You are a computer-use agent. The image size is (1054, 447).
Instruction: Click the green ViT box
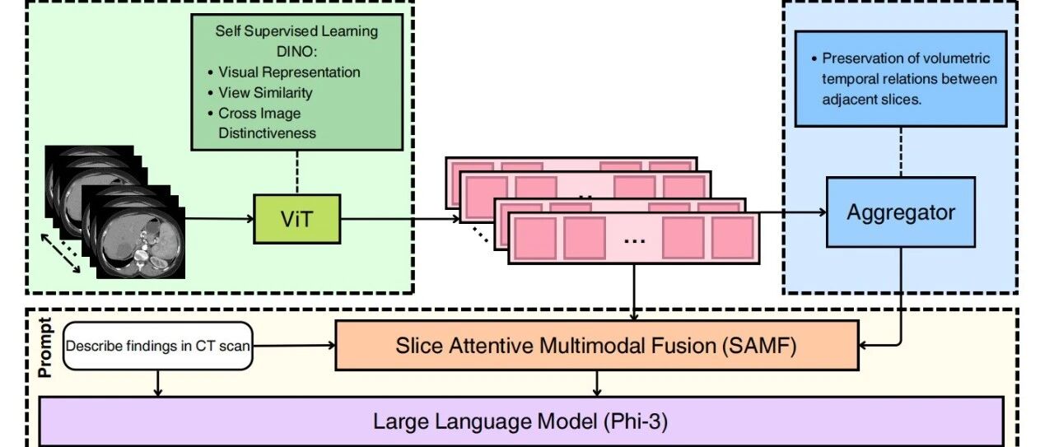coord(297,219)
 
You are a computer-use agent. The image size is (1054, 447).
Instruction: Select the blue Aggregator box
coord(901,212)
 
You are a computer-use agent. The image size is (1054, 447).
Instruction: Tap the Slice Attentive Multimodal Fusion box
coord(597,346)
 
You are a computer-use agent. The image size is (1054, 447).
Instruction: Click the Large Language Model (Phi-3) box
coord(521,421)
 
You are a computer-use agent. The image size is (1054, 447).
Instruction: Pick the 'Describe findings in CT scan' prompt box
coord(157,346)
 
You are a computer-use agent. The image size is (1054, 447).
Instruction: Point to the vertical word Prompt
coord(45,347)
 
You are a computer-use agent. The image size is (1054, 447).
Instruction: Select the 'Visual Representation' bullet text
coord(289,72)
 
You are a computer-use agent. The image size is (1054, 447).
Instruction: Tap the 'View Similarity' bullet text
coord(265,93)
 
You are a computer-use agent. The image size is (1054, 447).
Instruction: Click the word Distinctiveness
coord(267,133)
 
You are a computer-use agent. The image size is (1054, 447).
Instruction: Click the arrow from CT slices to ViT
coord(219,218)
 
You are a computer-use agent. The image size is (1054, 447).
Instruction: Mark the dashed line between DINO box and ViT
coord(297,172)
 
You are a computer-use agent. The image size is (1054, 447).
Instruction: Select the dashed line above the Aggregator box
coord(901,152)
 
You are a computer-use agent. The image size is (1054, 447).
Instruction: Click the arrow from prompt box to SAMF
coord(294,346)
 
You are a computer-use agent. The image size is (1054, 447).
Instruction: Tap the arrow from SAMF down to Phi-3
coord(597,384)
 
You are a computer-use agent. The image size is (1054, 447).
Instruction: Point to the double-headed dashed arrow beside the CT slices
coord(60,254)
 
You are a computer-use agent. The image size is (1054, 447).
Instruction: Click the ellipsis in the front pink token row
coord(634,241)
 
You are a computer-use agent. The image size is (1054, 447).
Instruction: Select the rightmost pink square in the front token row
coord(732,238)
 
